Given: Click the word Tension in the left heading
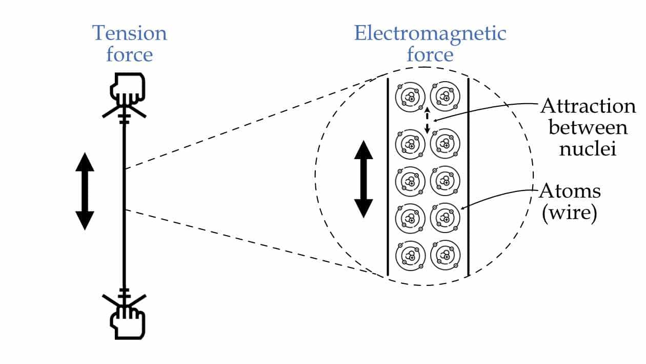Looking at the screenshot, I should tap(129, 33).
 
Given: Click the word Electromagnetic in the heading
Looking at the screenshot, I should tap(430, 33).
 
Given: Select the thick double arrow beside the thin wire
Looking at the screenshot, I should tap(85, 191).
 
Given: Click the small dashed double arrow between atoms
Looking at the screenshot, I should tap(427, 120).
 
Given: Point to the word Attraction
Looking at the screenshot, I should tap(588, 107).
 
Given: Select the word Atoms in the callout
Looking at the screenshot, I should tap(570, 191).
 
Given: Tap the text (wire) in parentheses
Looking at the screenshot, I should tap(569, 213).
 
